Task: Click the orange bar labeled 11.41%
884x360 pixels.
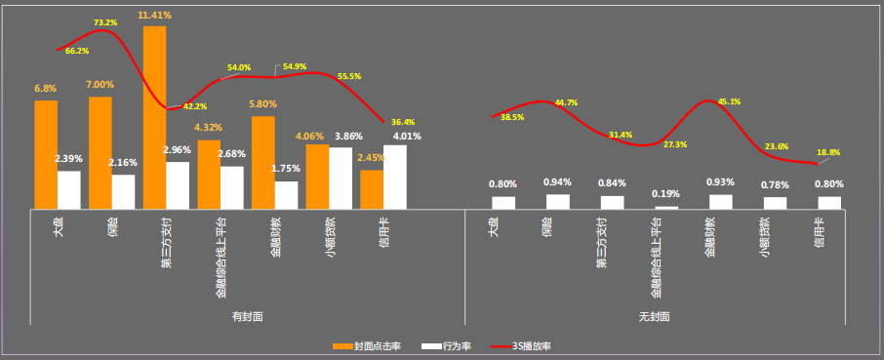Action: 154,117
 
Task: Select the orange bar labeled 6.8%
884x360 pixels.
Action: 46,154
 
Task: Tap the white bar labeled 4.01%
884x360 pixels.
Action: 395,177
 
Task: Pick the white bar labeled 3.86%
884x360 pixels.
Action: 341,178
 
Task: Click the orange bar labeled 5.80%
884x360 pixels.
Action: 262,162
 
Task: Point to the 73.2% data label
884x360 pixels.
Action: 105,21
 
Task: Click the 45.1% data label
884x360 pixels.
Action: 729,101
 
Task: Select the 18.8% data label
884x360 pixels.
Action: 827,153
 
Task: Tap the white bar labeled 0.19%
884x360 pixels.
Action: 666,207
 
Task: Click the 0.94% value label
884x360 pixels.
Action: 557,182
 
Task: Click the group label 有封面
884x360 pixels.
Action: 247,317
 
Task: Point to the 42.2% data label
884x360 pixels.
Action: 195,106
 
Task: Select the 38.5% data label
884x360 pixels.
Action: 512,117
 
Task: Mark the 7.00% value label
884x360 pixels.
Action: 100,84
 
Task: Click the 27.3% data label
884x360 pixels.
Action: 674,144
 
